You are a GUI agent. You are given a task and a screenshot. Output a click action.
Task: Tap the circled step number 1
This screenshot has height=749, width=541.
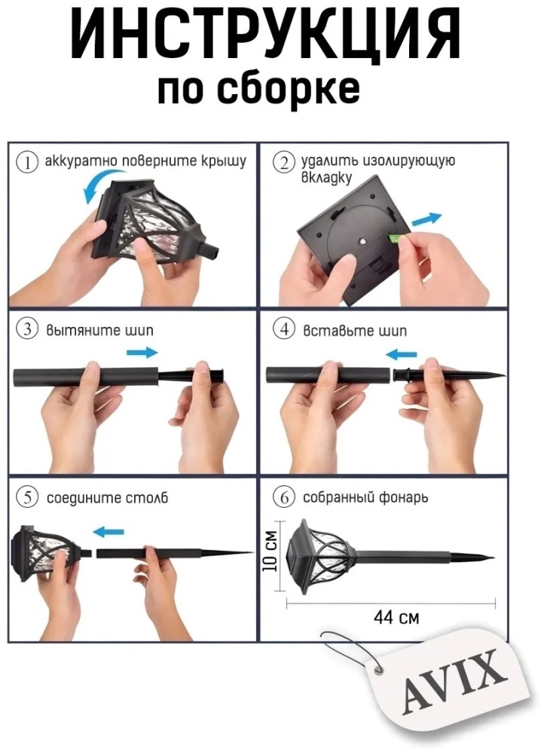click(x=26, y=162)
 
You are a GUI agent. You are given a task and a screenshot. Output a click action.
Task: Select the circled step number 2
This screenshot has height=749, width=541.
click(x=283, y=163)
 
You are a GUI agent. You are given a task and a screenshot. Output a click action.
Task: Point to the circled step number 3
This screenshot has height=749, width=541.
click(x=27, y=330)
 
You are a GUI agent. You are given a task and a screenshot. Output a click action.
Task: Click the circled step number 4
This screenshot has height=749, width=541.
click(x=284, y=330)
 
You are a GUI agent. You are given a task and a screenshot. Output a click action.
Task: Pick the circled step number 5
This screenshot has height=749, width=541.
click(x=27, y=498)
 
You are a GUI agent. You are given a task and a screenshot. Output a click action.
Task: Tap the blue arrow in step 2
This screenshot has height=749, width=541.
click(x=426, y=219)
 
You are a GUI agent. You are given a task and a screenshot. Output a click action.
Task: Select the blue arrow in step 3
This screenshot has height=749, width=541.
click(x=142, y=353)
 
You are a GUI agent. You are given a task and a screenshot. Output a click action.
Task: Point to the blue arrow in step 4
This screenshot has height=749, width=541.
click(x=401, y=354)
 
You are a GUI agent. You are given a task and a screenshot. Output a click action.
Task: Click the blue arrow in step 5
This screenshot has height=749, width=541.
click(x=109, y=532)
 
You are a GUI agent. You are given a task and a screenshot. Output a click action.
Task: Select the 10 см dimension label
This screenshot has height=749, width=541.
click(x=270, y=550)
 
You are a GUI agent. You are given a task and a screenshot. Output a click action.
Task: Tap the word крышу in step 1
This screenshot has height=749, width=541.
click(x=224, y=161)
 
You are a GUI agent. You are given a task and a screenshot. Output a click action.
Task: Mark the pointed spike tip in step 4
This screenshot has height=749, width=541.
click(x=504, y=374)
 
